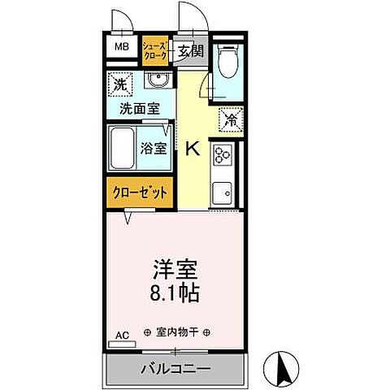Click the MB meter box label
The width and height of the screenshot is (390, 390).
pos(121,47)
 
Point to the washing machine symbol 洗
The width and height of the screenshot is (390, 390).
pos(120,84)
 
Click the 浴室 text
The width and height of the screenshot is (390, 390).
pos(155,149)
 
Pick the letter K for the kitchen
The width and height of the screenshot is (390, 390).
pos(193,149)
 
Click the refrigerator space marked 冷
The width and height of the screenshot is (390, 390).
pos(231,120)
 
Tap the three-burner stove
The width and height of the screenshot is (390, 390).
pos(223,155)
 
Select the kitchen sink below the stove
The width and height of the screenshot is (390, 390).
pos(223,193)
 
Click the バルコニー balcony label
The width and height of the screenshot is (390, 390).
pos(175,370)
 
